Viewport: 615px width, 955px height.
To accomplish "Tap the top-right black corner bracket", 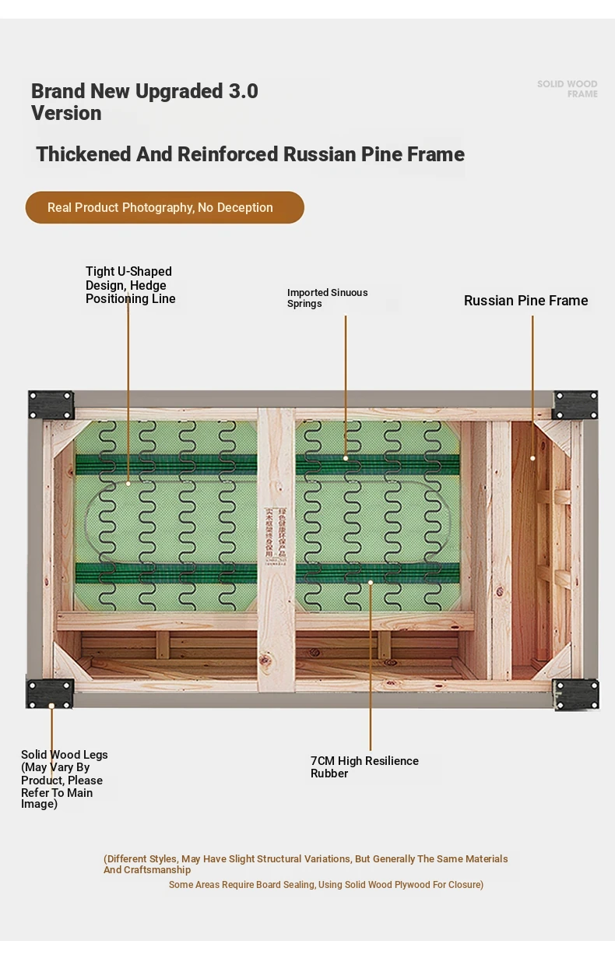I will coord(575,405).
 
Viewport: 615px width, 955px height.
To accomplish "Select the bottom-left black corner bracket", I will coord(50,693).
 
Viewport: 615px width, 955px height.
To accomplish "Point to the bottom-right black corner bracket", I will coord(576,694).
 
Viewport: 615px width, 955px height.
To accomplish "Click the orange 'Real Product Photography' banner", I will coord(164,208).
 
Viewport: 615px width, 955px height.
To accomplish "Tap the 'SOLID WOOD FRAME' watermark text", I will coord(568,89).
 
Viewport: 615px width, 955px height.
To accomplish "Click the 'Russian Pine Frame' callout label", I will coord(525,301).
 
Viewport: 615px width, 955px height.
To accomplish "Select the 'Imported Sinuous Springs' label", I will coord(327,298).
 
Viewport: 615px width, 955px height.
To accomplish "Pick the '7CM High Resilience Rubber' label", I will coord(364,766).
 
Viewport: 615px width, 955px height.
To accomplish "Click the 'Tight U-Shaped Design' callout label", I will coord(130,285).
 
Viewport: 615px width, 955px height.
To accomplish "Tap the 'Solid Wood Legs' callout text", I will coord(64,780).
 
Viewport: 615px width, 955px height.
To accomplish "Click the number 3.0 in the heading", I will coord(243,91).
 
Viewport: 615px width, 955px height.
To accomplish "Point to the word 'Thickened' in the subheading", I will coord(83,154).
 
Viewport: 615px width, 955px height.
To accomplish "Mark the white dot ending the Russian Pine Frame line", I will coord(532,458).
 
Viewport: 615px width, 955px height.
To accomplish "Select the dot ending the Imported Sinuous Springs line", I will coord(346,458).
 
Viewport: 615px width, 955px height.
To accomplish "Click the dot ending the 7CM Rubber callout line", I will coord(371,582).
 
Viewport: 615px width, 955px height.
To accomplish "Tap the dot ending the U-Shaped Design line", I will coord(128,483).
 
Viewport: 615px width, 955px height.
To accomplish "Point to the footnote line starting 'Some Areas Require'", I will coord(326,885).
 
